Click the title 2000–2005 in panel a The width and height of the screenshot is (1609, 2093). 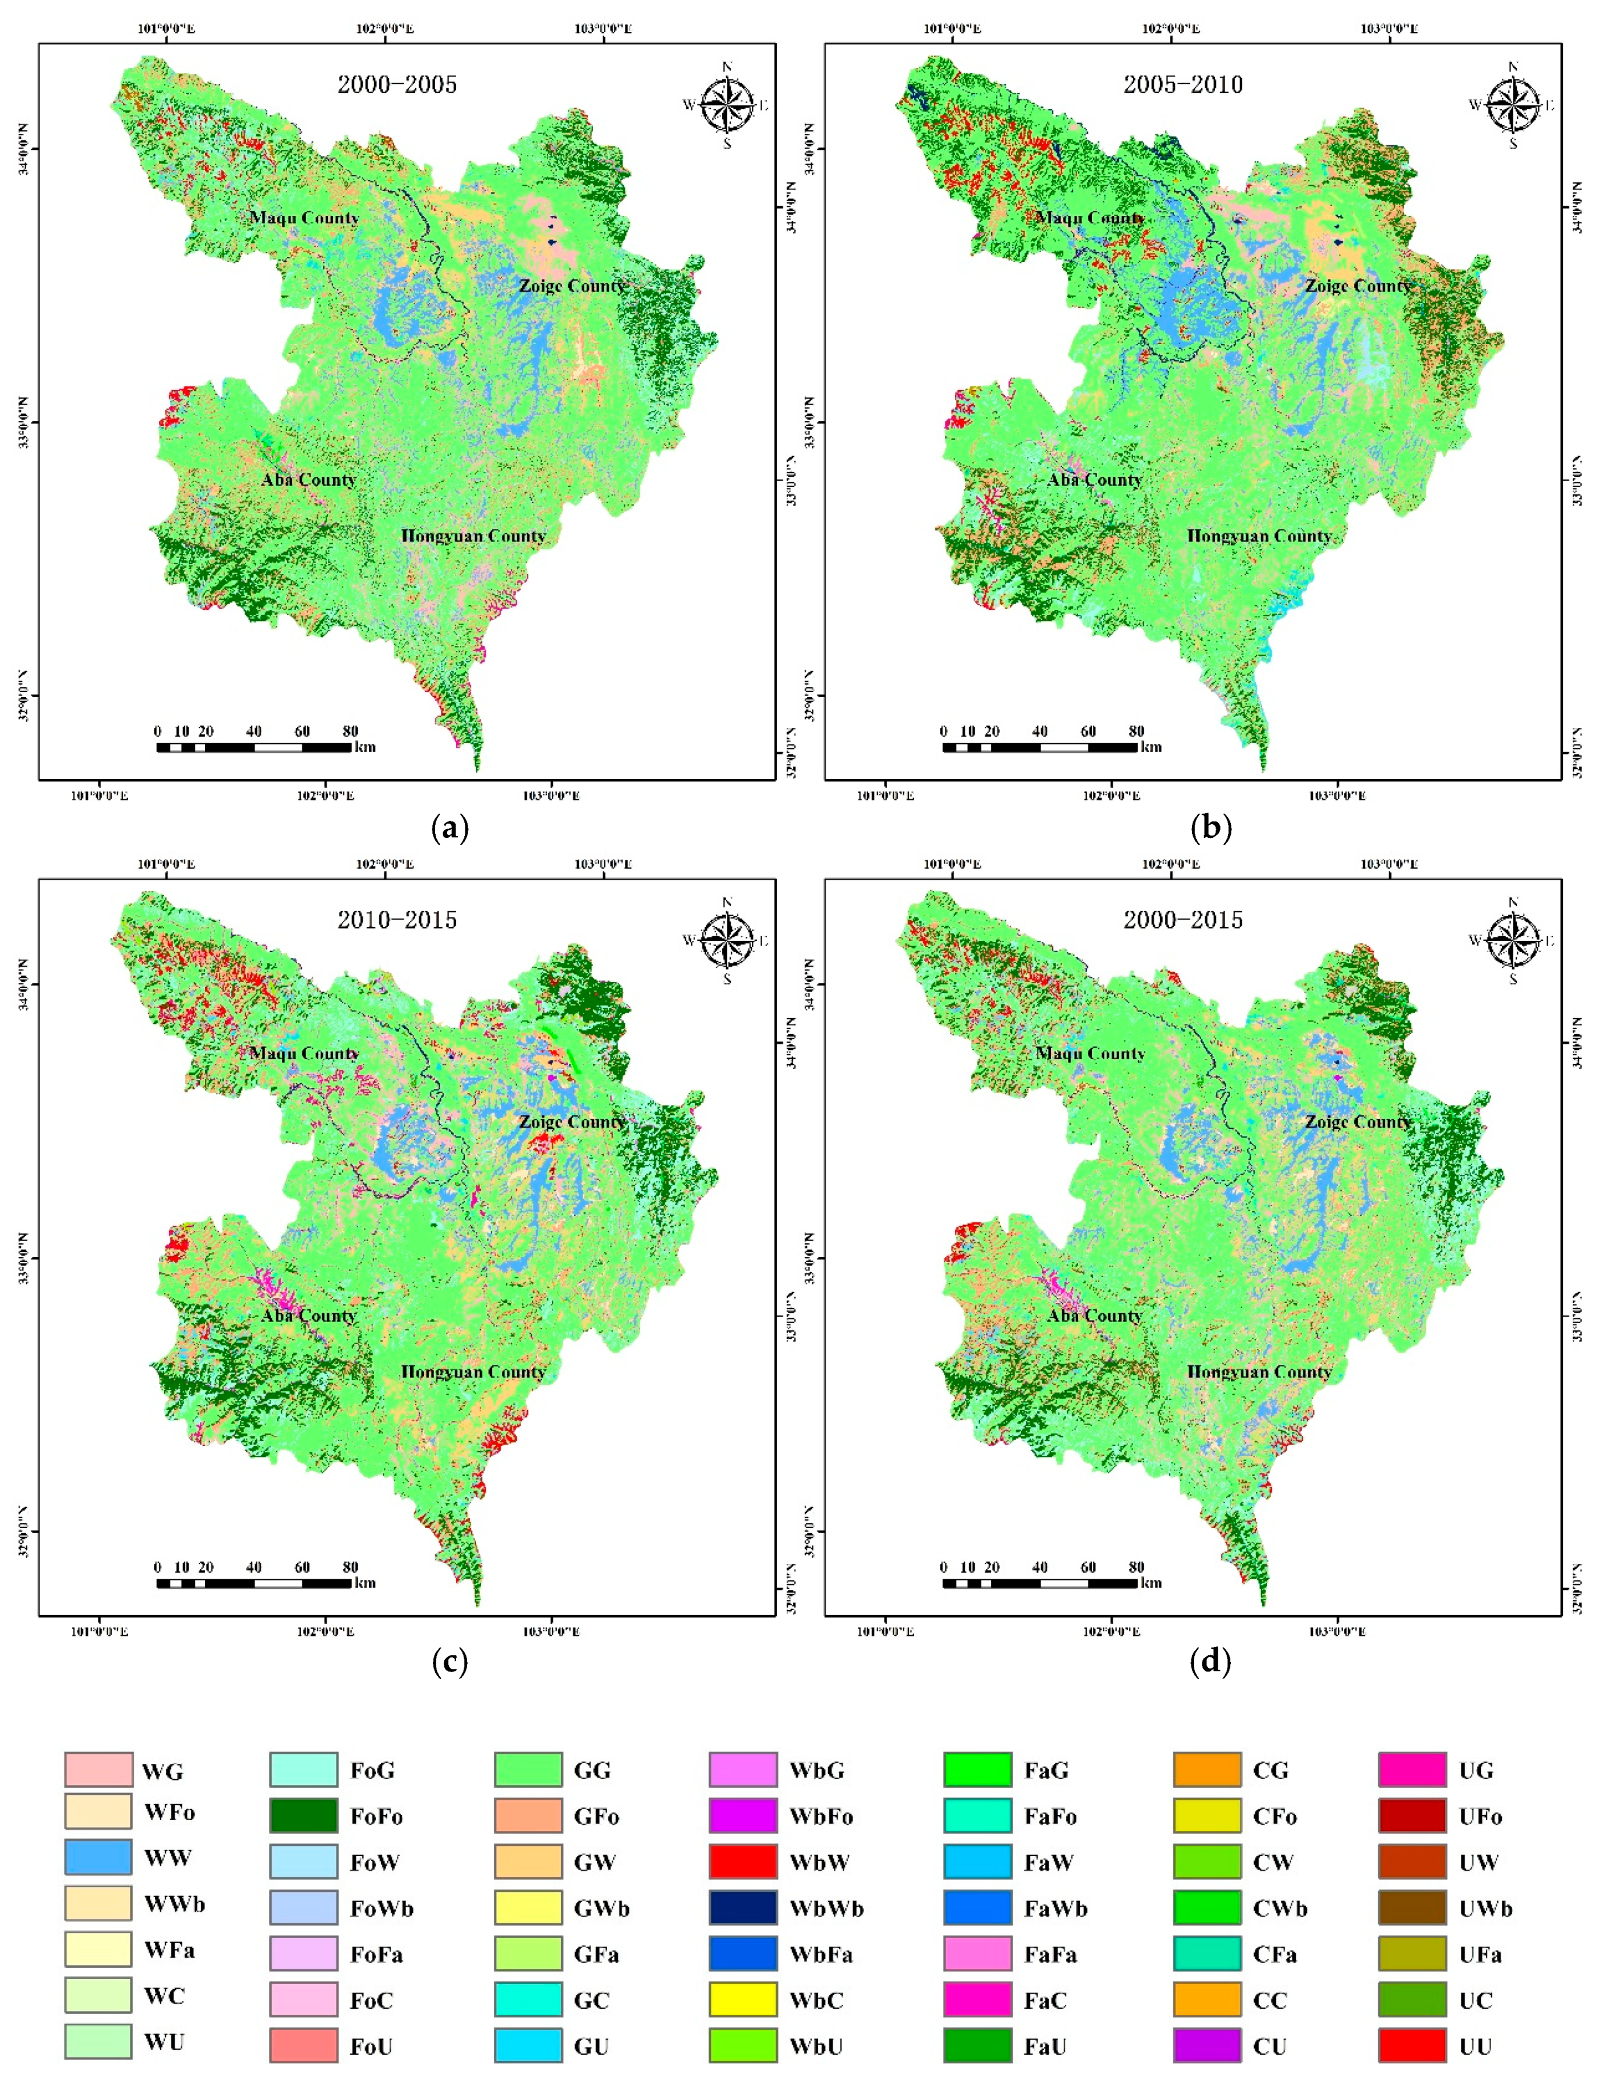pyautogui.click(x=396, y=84)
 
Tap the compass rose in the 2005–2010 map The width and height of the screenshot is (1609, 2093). pyautogui.click(x=1512, y=104)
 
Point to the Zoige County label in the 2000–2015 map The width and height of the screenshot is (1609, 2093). pyautogui.click(x=1357, y=1121)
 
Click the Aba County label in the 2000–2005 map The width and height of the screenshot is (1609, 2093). pyautogui.click(x=308, y=480)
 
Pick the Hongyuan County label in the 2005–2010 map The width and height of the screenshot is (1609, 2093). pyautogui.click(x=1259, y=536)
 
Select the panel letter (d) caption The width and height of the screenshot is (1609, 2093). pyautogui.click(x=1210, y=1661)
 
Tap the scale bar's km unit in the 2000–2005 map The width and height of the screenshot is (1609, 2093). pyautogui.click(x=365, y=747)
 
